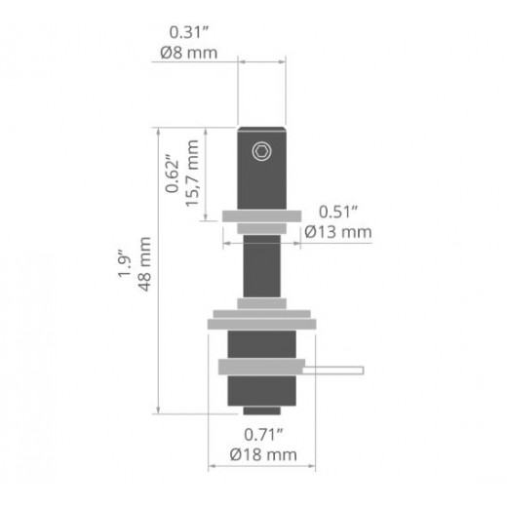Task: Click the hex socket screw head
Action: tap(261, 151)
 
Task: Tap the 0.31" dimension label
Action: tap(189, 32)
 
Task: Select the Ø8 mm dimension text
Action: tap(189, 53)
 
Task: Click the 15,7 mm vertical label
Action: tap(192, 174)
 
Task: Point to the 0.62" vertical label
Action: tap(172, 174)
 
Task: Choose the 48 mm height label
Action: tap(144, 264)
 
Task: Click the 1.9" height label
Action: tap(124, 263)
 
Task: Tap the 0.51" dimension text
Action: tap(338, 213)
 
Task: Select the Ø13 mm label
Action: tap(338, 232)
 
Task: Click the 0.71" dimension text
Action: tap(263, 435)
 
